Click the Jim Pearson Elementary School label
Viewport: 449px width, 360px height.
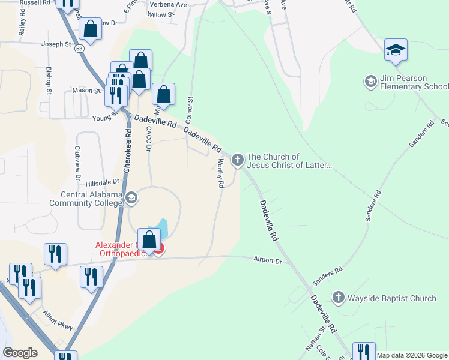(414, 83)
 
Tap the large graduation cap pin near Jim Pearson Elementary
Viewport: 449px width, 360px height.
(396, 50)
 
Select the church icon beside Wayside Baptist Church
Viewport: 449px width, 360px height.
(338, 298)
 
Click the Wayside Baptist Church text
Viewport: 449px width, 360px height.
(393, 298)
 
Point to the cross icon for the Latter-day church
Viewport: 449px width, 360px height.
(238, 160)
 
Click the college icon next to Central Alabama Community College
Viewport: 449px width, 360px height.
(131, 198)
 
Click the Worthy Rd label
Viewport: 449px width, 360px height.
(220, 174)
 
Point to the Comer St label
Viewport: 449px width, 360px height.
(191, 107)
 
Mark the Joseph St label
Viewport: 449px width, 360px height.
(55, 44)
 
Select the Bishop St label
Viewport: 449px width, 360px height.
(49, 84)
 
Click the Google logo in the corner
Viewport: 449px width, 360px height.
(20, 353)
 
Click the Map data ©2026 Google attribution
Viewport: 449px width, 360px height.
(412, 355)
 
